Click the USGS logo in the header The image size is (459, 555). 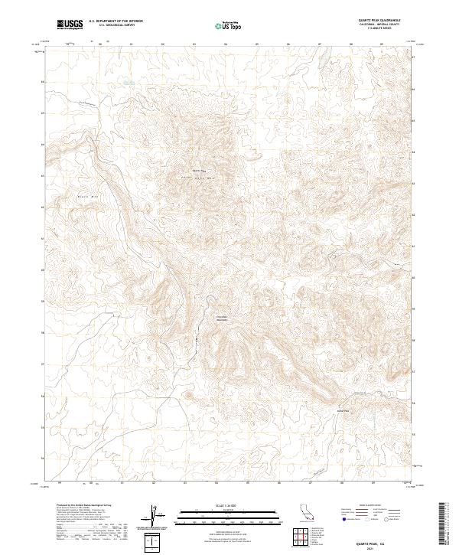click(x=71, y=24)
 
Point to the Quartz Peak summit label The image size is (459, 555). click(x=199, y=170)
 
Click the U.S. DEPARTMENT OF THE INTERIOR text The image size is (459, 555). click(x=116, y=21)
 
